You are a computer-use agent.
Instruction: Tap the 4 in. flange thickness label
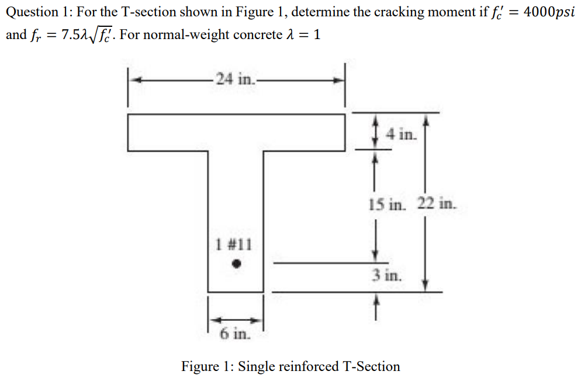[402, 135]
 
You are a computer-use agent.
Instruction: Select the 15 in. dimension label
[386, 204]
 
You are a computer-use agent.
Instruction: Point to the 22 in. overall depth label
[435, 204]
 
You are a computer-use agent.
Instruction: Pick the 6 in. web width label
[236, 334]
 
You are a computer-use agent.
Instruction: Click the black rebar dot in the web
[236, 264]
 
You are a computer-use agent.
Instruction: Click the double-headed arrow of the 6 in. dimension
[236, 320]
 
